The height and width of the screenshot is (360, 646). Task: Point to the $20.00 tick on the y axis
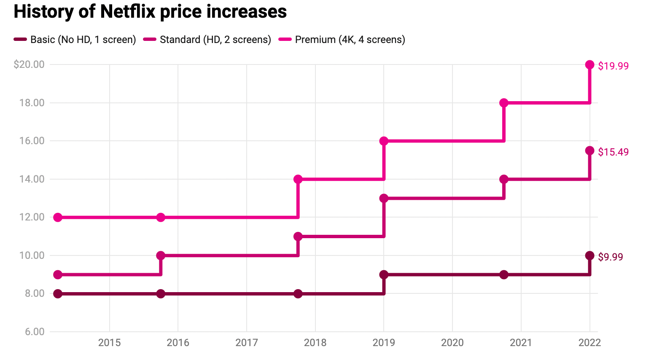pyautogui.click(x=29, y=64)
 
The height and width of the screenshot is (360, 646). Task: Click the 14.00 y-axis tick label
pyautogui.click(x=32, y=179)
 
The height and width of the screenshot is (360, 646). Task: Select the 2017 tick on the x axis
pyautogui.click(x=247, y=343)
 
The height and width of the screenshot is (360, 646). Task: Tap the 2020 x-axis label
pyautogui.click(x=452, y=343)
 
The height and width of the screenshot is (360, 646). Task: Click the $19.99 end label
pyautogui.click(x=613, y=66)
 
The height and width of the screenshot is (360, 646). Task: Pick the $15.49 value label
pyautogui.click(x=613, y=152)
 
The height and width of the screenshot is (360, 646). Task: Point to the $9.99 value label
pyautogui.click(x=610, y=257)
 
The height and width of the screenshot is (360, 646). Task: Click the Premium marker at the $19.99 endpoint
pyautogui.click(x=589, y=65)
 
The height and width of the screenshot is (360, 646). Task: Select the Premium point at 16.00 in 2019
pyautogui.click(x=384, y=141)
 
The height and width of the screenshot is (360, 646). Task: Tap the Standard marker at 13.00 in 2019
pyautogui.click(x=384, y=198)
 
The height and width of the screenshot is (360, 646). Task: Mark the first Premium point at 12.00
pyautogui.click(x=58, y=218)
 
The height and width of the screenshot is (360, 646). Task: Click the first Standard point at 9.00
pyautogui.click(x=58, y=275)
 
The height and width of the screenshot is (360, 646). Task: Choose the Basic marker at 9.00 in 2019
pyautogui.click(x=384, y=275)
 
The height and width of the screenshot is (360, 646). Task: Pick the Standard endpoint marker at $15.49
pyautogui.click(x=589, y=151)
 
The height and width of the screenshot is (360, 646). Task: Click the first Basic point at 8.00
pyautogui.click(x=58, y=294)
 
